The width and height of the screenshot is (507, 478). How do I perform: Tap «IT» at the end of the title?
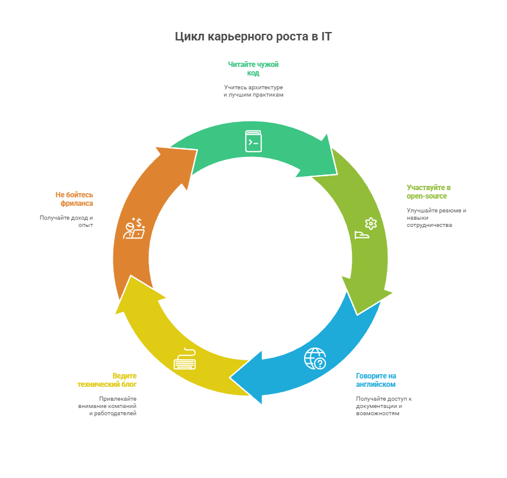coord(326,37)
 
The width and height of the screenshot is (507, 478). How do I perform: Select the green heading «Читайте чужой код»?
coord(253,69)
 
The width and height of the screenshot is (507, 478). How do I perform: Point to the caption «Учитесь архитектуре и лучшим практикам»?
coord(253,91)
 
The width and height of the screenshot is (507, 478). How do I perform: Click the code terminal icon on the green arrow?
coord(253,141)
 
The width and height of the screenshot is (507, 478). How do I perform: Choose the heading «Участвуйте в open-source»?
coord(428,192)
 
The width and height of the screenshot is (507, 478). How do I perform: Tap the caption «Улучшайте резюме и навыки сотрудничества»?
coord(436,218)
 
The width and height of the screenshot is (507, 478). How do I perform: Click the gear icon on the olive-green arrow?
coord(371,224)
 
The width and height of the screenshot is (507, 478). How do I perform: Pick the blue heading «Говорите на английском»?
coord(376,380)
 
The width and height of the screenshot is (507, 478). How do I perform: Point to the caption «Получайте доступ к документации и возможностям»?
coord(384,406)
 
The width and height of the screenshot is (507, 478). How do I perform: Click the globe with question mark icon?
coord(315,358)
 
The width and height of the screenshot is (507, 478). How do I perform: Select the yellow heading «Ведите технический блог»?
coord(108,380)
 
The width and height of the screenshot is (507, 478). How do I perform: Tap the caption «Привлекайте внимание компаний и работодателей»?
coord(108,406)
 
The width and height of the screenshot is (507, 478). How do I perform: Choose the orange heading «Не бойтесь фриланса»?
coord(75,199)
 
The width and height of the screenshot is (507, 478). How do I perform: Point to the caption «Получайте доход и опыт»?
coord(68,221)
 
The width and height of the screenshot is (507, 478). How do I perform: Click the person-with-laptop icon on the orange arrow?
coord(134,229)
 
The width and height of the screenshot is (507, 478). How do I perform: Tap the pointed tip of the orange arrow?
coord(156,147)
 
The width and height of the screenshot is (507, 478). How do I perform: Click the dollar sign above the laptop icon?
coord(139,222)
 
